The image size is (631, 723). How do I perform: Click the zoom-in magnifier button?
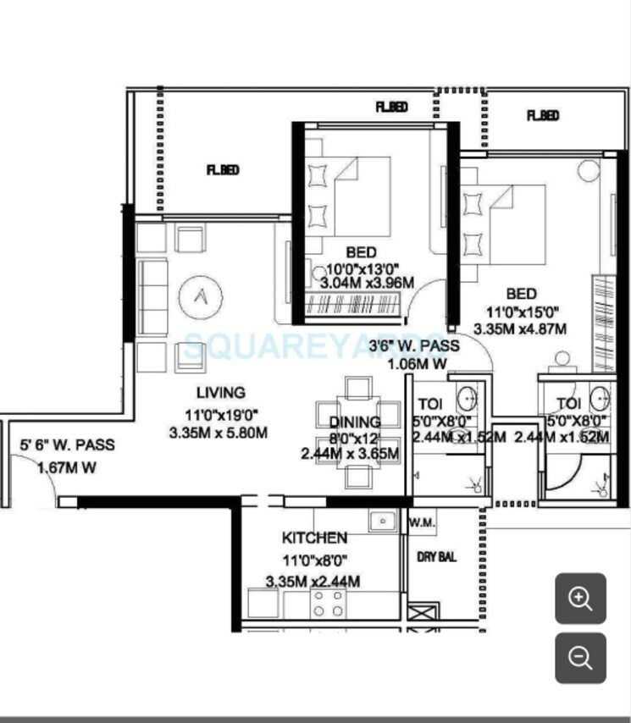[580, 599]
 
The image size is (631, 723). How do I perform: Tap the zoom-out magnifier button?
[580, 658]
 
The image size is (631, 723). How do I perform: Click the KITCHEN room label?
[314, 538]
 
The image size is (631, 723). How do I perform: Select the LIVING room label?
[220, 393]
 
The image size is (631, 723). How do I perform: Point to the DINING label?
[355, 422]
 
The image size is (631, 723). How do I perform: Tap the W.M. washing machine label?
[422, 523]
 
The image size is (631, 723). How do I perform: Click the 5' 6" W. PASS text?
[68, 445]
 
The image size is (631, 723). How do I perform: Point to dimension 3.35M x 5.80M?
[219, 433]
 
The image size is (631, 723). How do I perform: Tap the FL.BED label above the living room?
[223, 170]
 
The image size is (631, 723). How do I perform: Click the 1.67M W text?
[66, 467]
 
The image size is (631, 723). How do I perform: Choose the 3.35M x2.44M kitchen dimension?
[313, 582]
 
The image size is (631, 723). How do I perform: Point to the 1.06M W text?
[417, 365]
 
